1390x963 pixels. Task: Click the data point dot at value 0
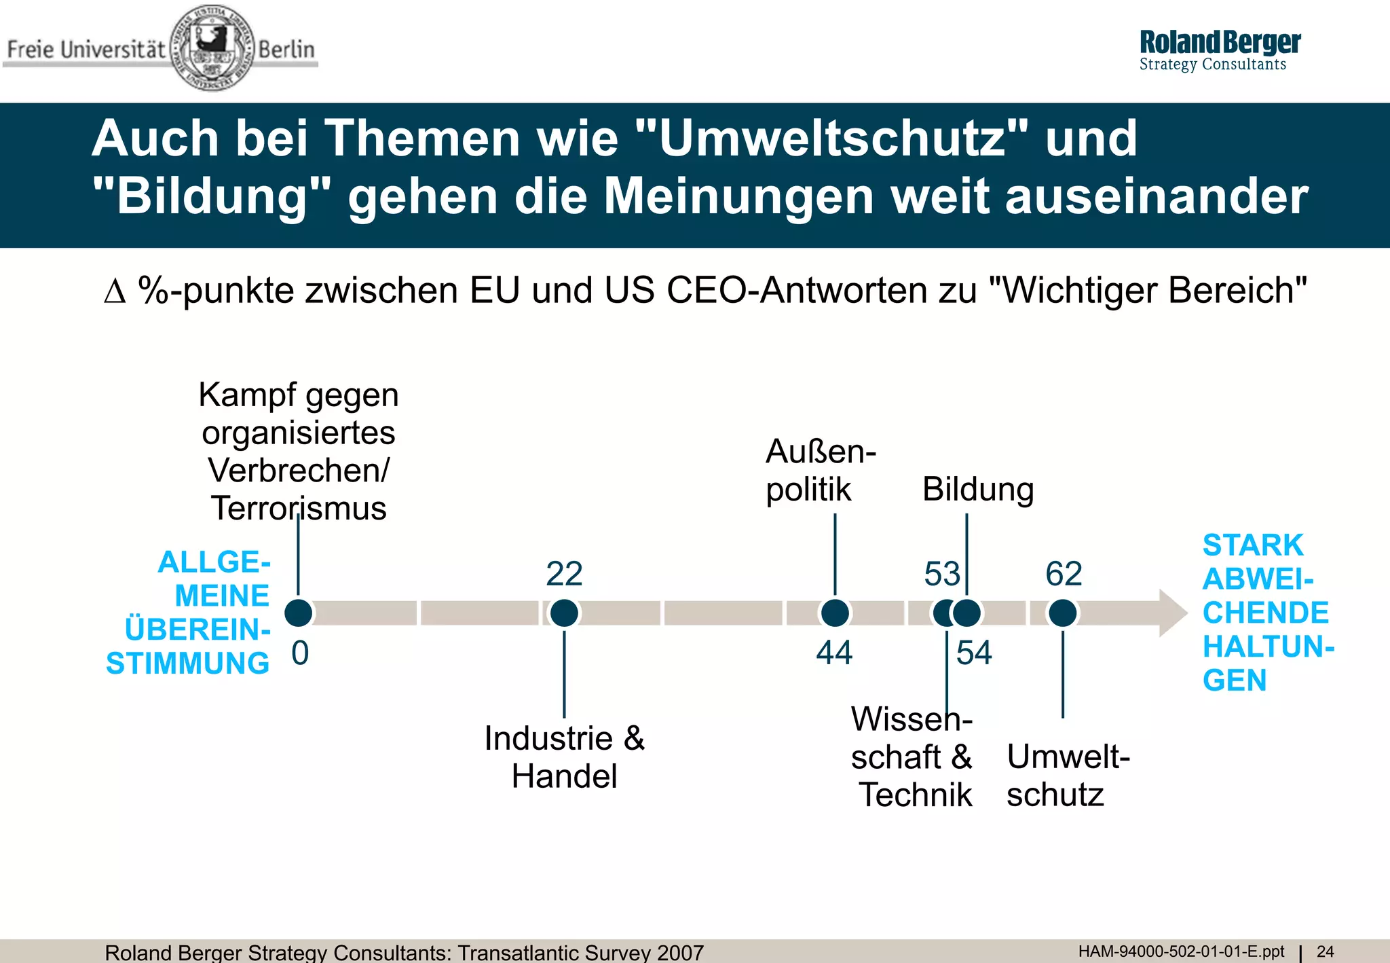[x=299, y=613]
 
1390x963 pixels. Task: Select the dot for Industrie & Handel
[x=564, y=613]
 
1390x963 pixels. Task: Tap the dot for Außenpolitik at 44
[x=835, y=613]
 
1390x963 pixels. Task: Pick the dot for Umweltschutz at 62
[x=1063, y=613]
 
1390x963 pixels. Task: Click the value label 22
[x=564, y=574]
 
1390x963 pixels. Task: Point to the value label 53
[x=942, y=574]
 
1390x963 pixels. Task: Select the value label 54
[x=974, y=653]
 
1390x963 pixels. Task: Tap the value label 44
[x=834, y=653]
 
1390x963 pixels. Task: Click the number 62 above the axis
[x=1064, y=574]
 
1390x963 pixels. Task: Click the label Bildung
[x=978, y=490]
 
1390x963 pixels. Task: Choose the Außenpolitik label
[x=820, y=470]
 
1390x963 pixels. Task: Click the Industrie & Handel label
[x=564, y=757]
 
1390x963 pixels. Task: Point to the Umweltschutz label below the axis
[x=1067, y=775]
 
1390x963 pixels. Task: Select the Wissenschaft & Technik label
[x=912, y=757]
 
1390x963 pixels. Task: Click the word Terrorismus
[x=299, y=508]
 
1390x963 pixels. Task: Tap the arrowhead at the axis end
[x=1173, y=613]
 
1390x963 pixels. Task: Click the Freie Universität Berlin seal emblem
[x=212, y=48]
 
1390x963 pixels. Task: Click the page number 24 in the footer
[x=1325, y=951]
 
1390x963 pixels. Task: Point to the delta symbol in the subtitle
[x=115, y=291]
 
